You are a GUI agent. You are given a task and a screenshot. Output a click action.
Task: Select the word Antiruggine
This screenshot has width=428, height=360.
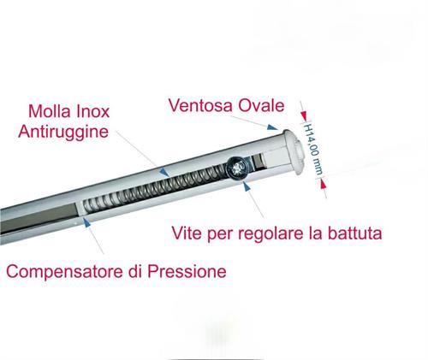coord(63,133)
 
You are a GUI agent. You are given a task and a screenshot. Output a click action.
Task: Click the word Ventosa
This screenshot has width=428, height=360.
coord(200,105)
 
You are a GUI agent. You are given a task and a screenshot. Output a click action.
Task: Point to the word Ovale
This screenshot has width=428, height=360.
coord(261,105)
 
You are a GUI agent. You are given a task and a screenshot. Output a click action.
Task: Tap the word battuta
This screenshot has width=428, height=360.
coord(354,233)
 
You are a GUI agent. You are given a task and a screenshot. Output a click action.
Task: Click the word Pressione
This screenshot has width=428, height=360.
coord(187,271)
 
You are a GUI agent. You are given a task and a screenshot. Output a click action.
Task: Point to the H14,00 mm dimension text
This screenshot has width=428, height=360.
coord(313,150)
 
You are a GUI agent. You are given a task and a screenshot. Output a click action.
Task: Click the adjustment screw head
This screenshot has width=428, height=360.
coord(237,168)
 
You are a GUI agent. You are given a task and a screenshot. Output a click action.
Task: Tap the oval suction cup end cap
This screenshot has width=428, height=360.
coord(294,152)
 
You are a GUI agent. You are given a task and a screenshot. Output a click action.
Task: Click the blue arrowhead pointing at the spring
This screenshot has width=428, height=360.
coord(164,172)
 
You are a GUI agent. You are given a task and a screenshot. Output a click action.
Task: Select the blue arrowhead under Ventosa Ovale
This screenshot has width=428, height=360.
coord(272,127)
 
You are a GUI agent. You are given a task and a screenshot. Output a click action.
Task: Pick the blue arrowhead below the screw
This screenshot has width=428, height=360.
coord(247,186)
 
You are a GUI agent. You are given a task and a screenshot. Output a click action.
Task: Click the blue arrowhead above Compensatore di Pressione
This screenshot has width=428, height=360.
coord(86,222)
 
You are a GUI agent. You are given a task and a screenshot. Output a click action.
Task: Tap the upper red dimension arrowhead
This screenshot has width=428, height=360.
coord(304,115)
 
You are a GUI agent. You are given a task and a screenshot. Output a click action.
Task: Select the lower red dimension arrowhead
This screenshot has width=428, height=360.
coord(323,184)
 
